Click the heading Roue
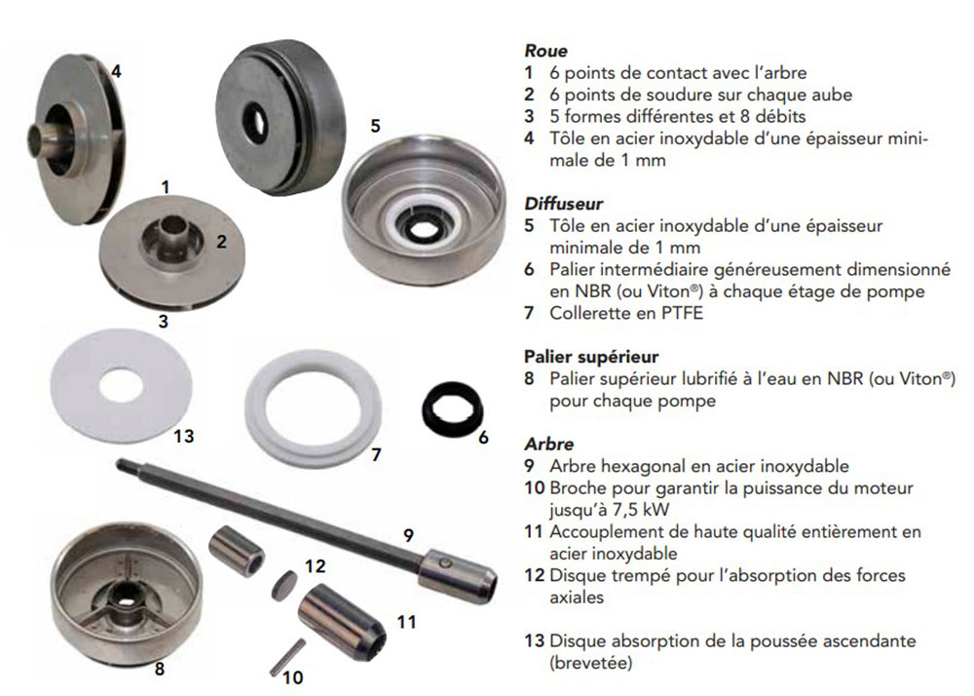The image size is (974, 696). pos(545,51)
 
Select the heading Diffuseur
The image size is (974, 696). pos(563,203)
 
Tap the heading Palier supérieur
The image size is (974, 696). pos(591,358)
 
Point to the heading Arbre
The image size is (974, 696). pos(548,444)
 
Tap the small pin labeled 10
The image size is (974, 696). pos(287,657)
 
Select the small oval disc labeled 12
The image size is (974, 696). pos(283,585)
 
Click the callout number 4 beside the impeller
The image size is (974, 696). pos(116,71)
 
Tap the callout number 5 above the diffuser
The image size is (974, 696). pos(375,126)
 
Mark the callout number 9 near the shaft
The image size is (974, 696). pos(408,535)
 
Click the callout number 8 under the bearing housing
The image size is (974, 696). pos(160,669)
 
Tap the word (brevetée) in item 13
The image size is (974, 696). pos(591,663)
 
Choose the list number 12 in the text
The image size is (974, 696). pos(534,575)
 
